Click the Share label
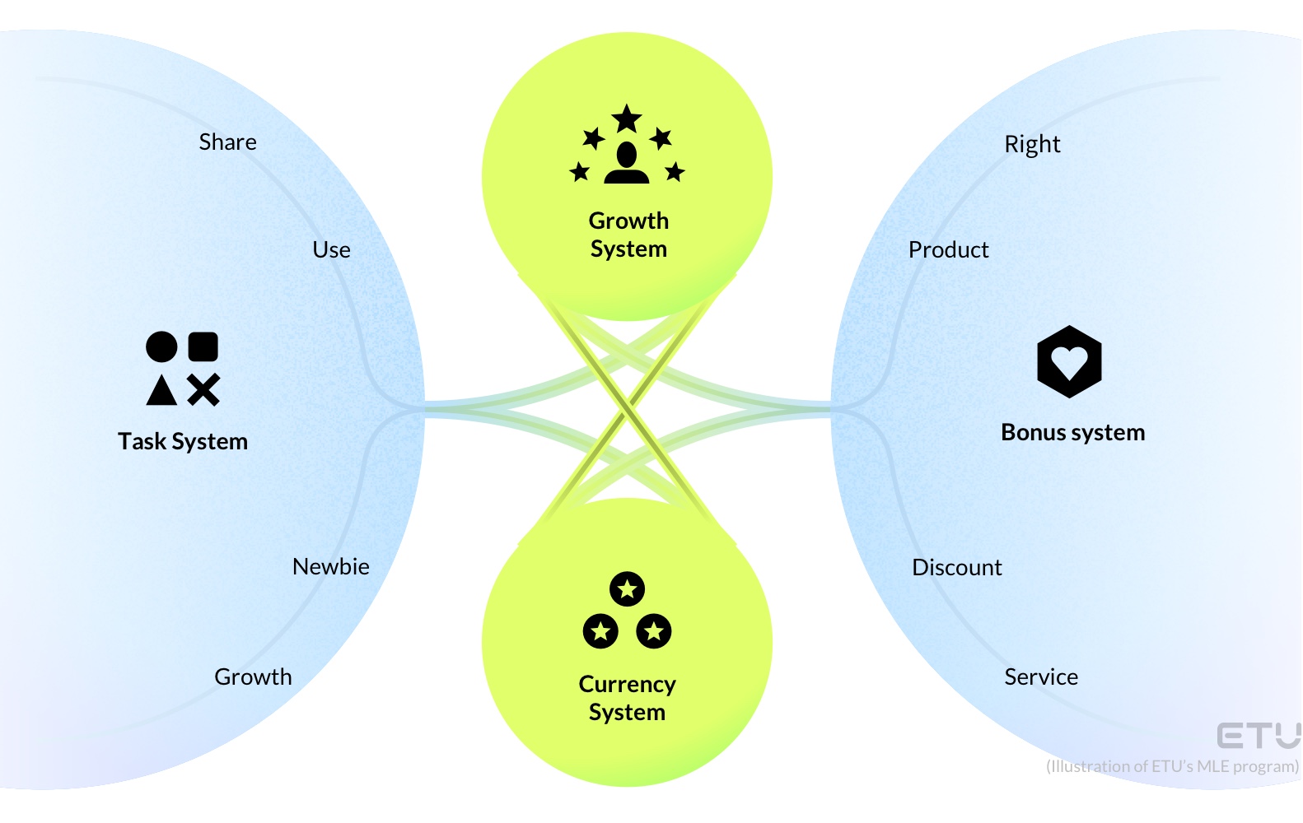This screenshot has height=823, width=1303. point(227,142)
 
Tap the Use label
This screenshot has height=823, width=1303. point(331,249)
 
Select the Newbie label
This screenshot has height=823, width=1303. point(330,566)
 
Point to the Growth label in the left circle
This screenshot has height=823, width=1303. point(253,677)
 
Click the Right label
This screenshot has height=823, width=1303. point(1031,144)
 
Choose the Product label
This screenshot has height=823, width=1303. point(948,249)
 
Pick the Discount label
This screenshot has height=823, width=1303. point(956,567)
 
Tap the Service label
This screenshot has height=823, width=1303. point(1040,677)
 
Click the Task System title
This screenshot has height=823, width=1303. point(182,441)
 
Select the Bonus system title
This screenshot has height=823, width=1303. point(1072,432)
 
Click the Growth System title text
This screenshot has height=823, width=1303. point(628,235)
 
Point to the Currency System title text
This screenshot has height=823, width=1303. point(627,698)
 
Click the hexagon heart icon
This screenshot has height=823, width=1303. point(1069,361)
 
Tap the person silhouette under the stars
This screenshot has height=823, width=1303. point(627,163)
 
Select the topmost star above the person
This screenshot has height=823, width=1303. point(627,119)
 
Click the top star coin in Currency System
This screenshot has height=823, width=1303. point(627,588)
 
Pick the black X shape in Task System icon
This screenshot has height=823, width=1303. point(203,390)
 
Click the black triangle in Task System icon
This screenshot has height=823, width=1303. point(161,390)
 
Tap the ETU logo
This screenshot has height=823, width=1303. point(1258,735)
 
